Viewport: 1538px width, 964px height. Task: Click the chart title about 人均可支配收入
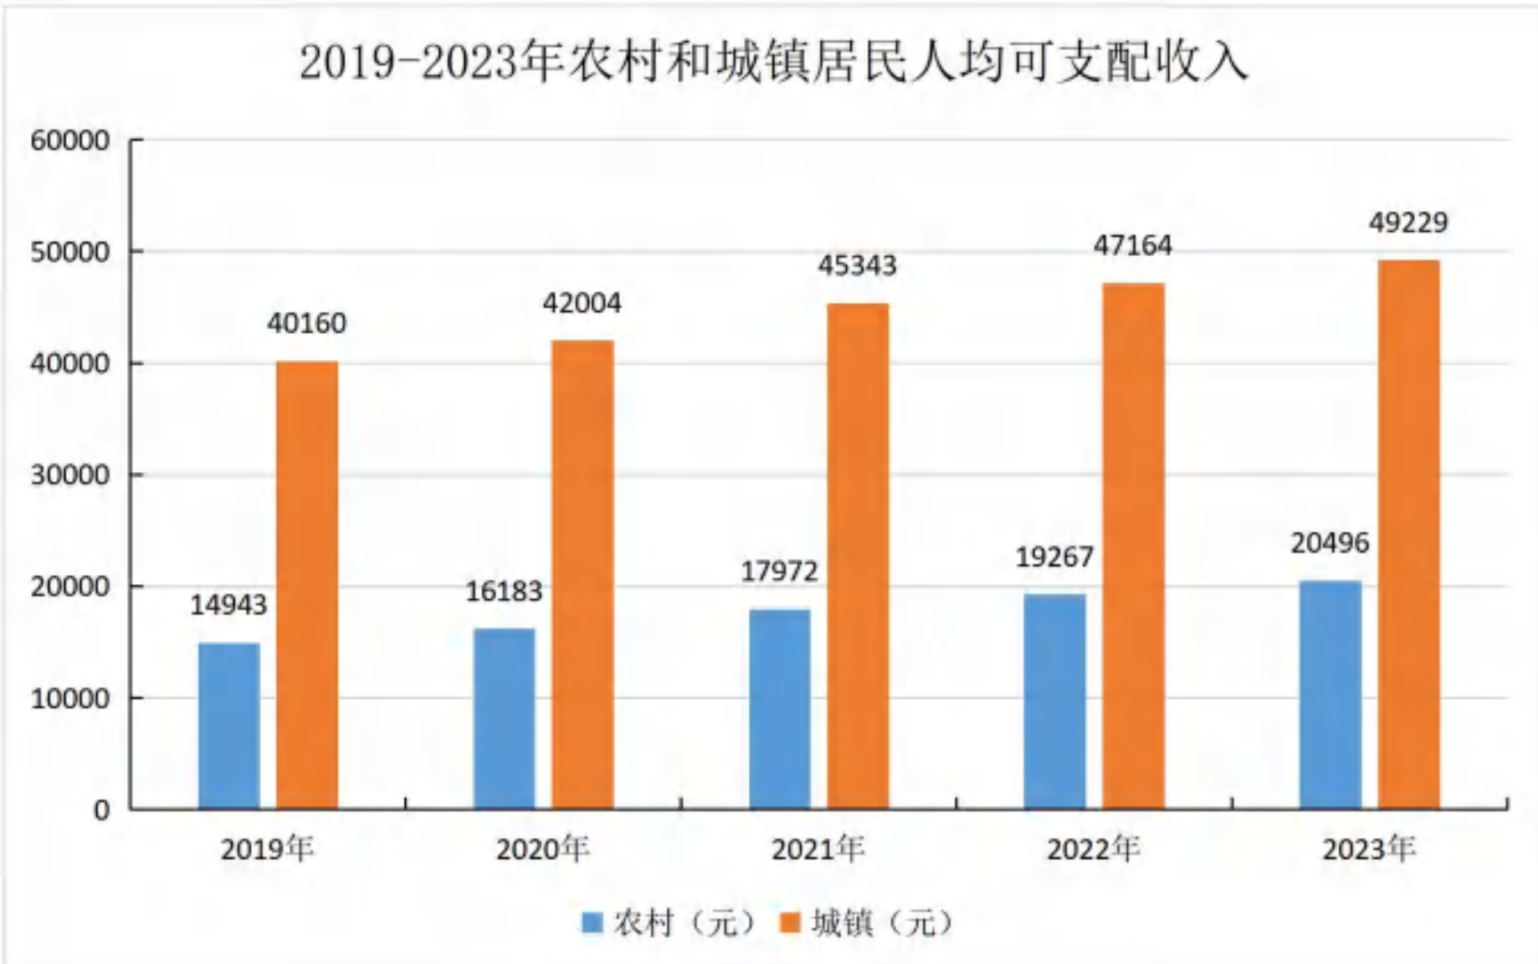coord(773,63)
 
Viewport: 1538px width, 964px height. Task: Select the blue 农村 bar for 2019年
coord(228,726)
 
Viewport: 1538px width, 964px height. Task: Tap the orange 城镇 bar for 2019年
coord(307,585)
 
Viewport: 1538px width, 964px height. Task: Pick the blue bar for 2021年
coord(780,709)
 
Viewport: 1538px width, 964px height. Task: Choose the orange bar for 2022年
coord(1133,546)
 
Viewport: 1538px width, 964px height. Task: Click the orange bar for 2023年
coord(1409,535)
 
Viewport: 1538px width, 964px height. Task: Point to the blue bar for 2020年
coord(505,719)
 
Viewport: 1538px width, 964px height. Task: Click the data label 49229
coord(1408,223)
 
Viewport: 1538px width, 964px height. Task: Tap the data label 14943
coord(228,604)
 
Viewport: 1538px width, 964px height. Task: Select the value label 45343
coord(857,265)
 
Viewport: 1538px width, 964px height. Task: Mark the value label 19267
coord(1054,556)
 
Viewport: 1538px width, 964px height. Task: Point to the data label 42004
coord(582,302)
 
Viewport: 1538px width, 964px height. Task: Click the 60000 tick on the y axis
coord(70,140)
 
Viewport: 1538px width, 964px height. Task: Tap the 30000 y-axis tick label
coord(70,474)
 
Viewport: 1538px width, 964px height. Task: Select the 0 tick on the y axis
coord(101,809)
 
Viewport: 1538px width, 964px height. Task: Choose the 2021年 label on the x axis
coord(818,849)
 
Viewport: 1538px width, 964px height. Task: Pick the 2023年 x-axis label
coord(1368,849)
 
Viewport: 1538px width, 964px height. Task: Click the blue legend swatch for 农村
coord(592,923)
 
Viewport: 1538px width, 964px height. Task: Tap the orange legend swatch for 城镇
coord(790,923)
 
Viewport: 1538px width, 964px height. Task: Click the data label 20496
coord(1330,543)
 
